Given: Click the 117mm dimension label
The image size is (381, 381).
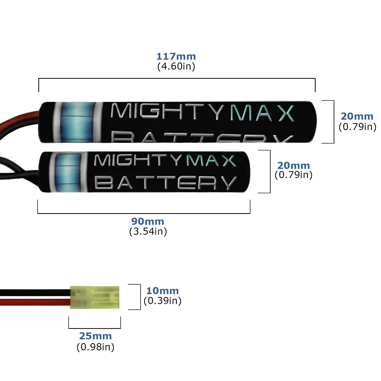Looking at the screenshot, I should pyautogui.click(x=176, y=56).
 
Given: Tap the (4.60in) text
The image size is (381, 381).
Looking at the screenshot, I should pyautogui.click(x=176, y=66).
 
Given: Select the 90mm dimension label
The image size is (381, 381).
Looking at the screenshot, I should pyautogui.click(x=148, y=221).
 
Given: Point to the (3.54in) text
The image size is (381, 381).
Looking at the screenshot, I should pyautogui.click(x=148, y=231).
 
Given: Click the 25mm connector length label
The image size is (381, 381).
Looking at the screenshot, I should pyautogui.click(x=95, y=336).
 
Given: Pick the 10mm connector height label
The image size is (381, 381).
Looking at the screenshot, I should pyautogui.click(x=163, y=291).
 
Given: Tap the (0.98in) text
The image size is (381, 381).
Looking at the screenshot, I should pyautogui.click(x=95, y=347).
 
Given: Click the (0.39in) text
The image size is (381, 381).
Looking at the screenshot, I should pyautogui.click(x=163, y=301).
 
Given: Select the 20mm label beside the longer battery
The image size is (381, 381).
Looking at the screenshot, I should pyautogui.click(x=357, y=116).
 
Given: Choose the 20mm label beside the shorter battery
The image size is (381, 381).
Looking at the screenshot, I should pyautogui.click(x=293, y=166).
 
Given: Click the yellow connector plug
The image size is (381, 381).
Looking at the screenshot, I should pyautogui.click(x=94, y=297).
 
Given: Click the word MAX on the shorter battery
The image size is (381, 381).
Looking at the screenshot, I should pyautogui.click(x=211, y=161).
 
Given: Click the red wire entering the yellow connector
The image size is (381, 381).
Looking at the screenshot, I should pyautogui.click(x=36, y=302).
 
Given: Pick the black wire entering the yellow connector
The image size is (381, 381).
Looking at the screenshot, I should pyautogui.click(x=36, y=293).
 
